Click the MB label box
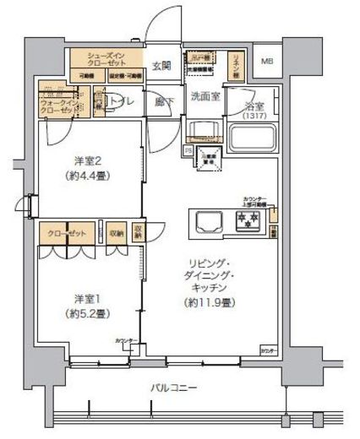266,62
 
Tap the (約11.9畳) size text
211,301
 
